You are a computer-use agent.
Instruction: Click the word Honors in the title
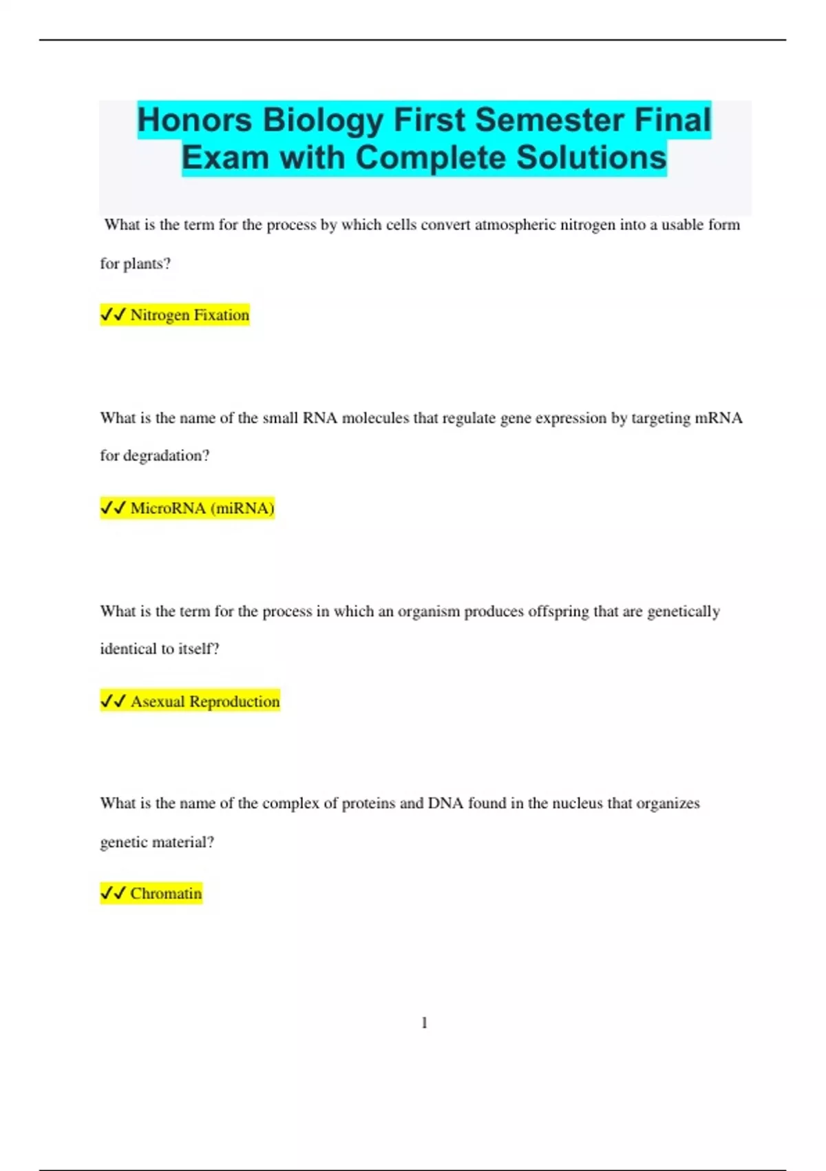click(195, 120)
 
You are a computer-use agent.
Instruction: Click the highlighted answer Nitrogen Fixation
click(189, 315)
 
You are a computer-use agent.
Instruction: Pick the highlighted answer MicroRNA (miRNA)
click(202, 508)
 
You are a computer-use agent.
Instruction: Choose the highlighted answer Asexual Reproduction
click(205, 701)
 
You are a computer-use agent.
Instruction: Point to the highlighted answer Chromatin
click(166, 893)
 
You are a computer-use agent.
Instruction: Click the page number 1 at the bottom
click(424, 1023)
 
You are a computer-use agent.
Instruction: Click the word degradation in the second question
click(166, 456)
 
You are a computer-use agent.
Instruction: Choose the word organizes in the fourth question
click(668, 803)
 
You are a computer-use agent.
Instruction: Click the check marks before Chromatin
click(113, 893)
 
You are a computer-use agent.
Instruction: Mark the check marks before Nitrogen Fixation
click(113, 315)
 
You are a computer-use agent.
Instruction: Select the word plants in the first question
click(146, 264)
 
